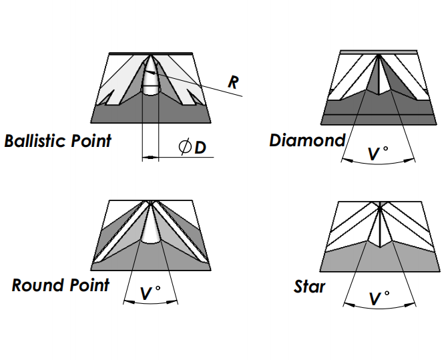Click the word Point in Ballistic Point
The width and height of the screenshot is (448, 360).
click(91, 140)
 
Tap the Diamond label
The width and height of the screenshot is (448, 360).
click(307, 140)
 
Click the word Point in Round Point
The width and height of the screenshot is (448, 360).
click(89, 285)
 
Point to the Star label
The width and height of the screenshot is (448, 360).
click(309, 287)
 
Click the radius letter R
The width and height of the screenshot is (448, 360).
click(233, 82)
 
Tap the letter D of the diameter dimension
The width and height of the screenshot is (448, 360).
click(200, 148)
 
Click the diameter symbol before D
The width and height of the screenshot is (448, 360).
click(185, 146)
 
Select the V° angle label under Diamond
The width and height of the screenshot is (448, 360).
click(378, 154)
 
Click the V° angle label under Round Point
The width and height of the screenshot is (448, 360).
click(150, 293)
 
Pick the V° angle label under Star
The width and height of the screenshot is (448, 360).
click(379, 299)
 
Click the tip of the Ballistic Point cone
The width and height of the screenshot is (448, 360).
click(150, 55)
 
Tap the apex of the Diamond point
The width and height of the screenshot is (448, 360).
click(379, 55)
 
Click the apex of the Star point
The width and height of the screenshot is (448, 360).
click(380, 208)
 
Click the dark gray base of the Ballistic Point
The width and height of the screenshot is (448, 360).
click(151, 114)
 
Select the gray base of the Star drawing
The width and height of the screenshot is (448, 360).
click(380, 258)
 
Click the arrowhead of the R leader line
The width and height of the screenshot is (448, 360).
click(150, 71)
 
